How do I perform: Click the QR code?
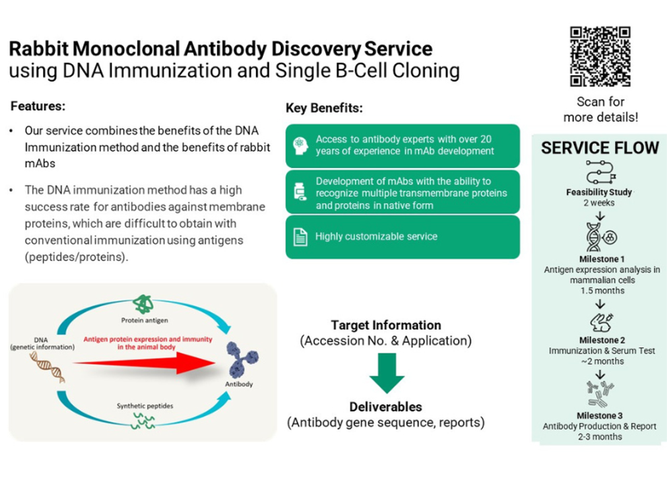[x=600, y=56]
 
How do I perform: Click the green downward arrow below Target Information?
[x=386, y=372]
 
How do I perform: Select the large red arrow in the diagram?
[x=145, y=364]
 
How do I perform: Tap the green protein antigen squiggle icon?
[x=144, y=304]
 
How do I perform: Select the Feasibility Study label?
[x=599, y=192]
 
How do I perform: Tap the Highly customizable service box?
[x=402, y=237]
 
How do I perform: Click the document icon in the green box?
[x=300, y=238]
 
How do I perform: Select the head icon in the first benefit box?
[x=300, y=145]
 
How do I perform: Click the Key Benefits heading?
[x=324, y=109]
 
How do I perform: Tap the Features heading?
[x=38, y=106]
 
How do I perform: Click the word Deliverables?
[x=386, y=407]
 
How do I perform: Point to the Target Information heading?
[x=386, y=325]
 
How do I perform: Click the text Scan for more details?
[x=600, y=110]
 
